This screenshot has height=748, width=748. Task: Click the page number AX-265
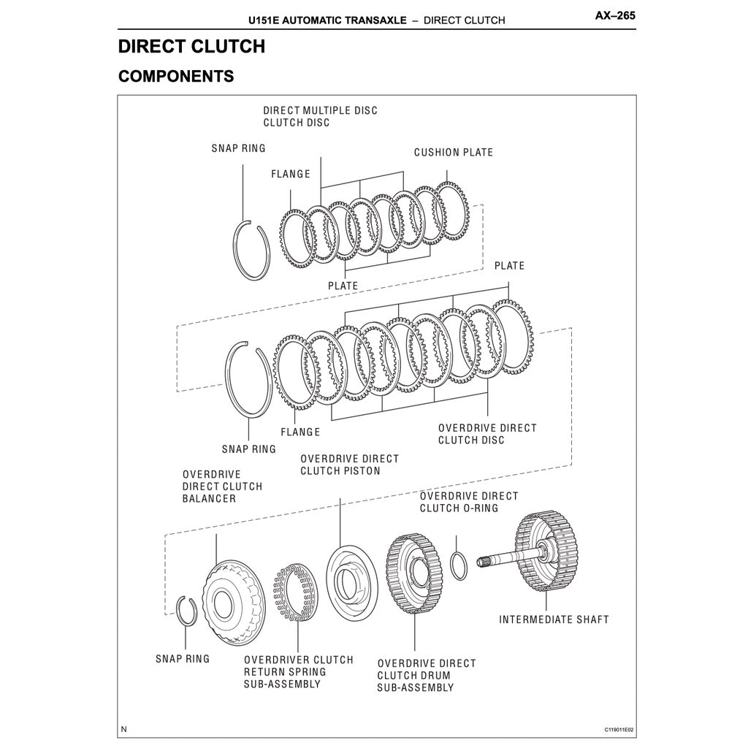(615, 15)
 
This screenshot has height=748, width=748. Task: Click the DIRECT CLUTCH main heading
(191, 47)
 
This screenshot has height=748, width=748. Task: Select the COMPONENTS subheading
(175, 76)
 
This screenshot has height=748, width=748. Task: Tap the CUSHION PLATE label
(453, 153)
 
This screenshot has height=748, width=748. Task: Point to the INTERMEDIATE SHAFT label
(554, 619)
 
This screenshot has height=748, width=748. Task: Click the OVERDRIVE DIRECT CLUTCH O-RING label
(468, 502)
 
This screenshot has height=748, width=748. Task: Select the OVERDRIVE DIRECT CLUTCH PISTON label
(349, 465)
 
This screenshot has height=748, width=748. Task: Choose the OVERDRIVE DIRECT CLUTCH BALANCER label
(222, 486)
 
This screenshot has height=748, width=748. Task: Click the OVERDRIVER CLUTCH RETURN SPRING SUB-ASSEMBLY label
(298, 672)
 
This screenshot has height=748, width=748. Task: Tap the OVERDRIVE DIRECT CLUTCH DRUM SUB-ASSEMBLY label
(426, 676)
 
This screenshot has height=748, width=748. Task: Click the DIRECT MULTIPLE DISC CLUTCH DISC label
(320, 116)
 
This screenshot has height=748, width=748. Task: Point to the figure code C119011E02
(619, 730)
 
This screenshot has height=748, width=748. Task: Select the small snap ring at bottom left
(187, 611)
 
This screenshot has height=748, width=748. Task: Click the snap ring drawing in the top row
(253, 249)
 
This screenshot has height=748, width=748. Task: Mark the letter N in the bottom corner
(124, 729)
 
